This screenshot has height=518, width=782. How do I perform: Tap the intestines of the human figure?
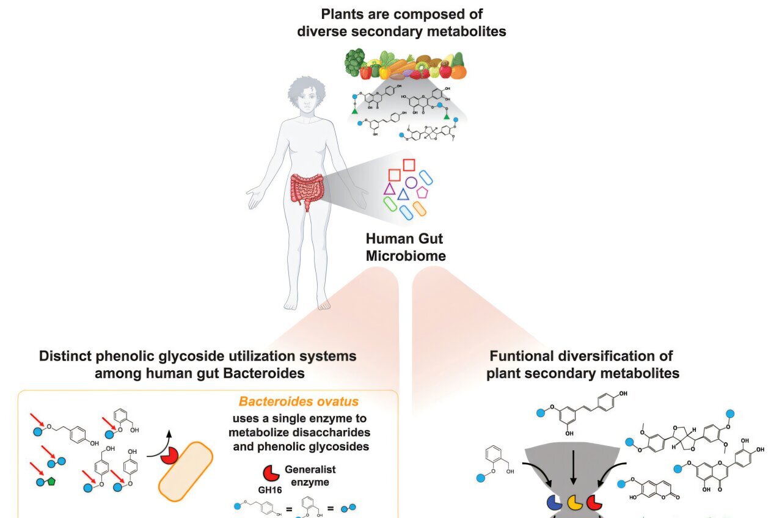pos(308,190)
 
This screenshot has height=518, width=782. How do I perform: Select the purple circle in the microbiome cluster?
pos(411,182)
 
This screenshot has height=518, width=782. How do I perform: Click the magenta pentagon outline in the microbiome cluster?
pos(422,192)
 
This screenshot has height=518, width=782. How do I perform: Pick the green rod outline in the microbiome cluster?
pos(390,204)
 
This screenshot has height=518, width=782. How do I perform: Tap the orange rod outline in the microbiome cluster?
pos(419,208)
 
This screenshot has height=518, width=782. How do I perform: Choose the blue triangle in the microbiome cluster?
pos(403,195)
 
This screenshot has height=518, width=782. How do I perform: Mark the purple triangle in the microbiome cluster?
pos(389,189)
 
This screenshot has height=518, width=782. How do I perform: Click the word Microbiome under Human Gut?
pos(406,256)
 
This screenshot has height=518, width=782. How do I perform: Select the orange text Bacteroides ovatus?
pos(298,402)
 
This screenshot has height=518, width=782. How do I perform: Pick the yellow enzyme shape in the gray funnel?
pos(574,503)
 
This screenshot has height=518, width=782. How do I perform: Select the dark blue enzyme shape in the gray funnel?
pos(554,502)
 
